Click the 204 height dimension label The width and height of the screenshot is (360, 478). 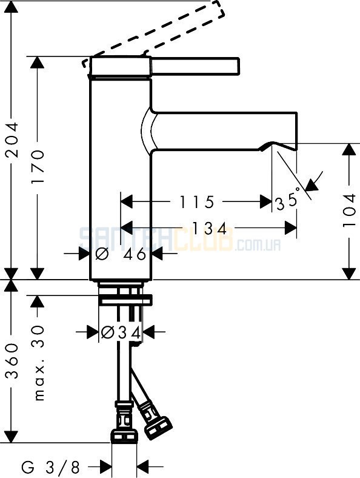tap(13, 140)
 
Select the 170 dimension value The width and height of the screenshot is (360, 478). tap(38, 166)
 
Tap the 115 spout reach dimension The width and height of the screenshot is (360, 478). tap(197, 202)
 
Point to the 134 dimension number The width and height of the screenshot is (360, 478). tap(210, 228)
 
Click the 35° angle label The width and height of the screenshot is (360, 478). tap(288, 201)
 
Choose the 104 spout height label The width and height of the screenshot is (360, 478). tap(349, 210)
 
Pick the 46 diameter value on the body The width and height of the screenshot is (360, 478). tap(135, 254)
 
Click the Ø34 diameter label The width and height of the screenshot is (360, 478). tap(121, 332)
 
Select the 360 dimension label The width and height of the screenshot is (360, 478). tap(13, 361)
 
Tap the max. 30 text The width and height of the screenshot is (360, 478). tap(39, 363)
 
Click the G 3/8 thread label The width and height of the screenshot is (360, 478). tap(50, 466)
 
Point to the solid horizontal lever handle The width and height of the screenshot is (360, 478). tap(195, 66)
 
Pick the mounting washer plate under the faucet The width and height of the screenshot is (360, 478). tap(125, 300)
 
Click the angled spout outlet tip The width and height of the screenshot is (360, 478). tap(282, 146)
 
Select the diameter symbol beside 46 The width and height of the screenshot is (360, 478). tap(102, 254)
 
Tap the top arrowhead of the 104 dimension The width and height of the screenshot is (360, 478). tap(349, 149)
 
